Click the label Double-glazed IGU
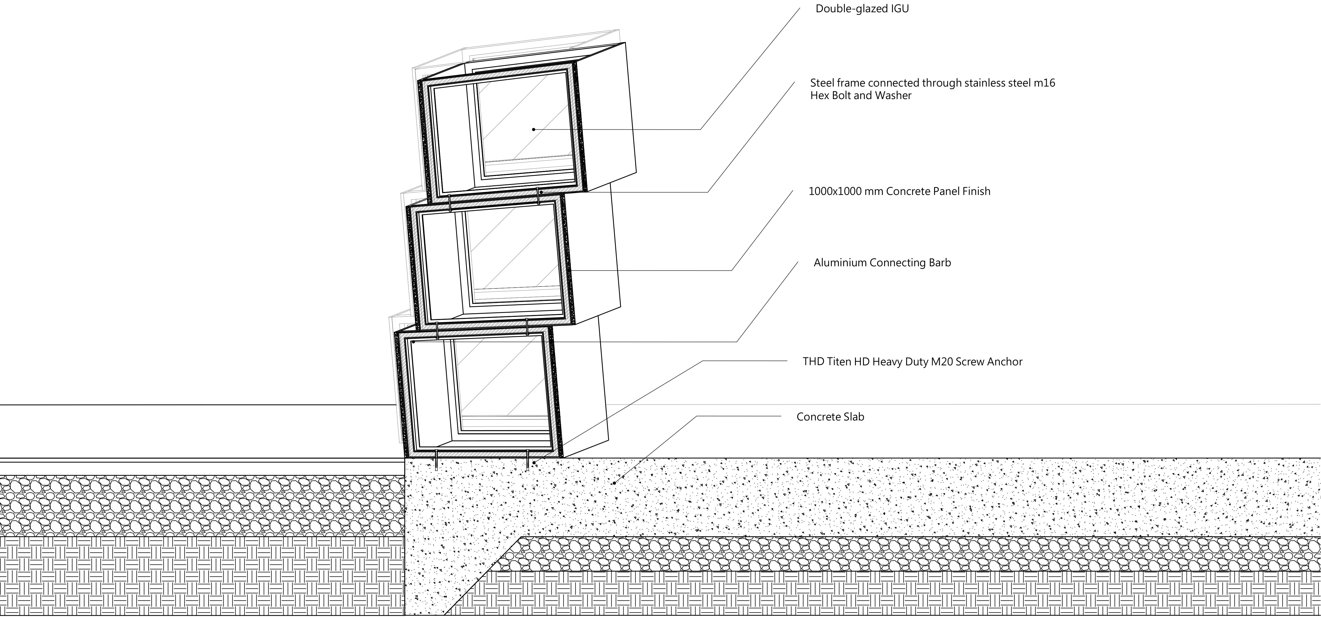[x=862, y=9]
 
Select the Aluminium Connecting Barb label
[x=882, y=263]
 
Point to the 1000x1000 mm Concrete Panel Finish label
[x=899, y=191]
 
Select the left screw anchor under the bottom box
[x=436, y=460]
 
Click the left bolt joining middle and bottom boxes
[x=437, y=331]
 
